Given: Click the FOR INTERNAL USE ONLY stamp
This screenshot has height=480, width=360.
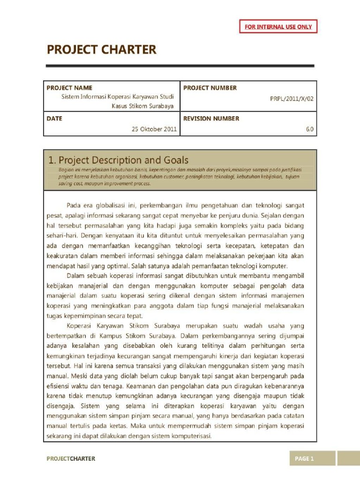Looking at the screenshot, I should click(x=278, y=27).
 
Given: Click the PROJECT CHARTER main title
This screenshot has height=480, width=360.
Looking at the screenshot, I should click(x=101, y=50).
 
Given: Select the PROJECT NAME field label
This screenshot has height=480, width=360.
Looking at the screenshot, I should click(x=69, y=88).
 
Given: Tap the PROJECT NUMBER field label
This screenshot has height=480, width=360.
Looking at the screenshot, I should click(x=210, y=88).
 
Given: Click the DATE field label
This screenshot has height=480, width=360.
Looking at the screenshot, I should click(x=54, y=119).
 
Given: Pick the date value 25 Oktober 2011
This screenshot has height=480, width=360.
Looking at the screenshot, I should click(x=154, y=129).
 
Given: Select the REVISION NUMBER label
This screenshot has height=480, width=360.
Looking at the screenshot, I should click(x=211, y=119).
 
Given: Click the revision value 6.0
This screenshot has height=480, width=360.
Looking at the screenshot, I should click(x=309, y=129).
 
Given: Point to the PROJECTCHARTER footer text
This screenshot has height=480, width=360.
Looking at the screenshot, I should click(x=71, y=458).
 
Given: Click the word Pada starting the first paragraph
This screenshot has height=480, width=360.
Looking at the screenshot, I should click(x=75, y=205).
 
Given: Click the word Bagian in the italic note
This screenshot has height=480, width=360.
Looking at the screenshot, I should click(x=67, y=169).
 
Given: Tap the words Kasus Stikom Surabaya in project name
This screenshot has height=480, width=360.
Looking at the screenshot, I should click(x=142, y=106).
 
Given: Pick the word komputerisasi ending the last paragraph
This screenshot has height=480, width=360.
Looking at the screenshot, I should click(x=192, y=435).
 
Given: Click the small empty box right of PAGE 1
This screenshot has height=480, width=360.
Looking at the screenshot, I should click(x=348, y=458).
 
